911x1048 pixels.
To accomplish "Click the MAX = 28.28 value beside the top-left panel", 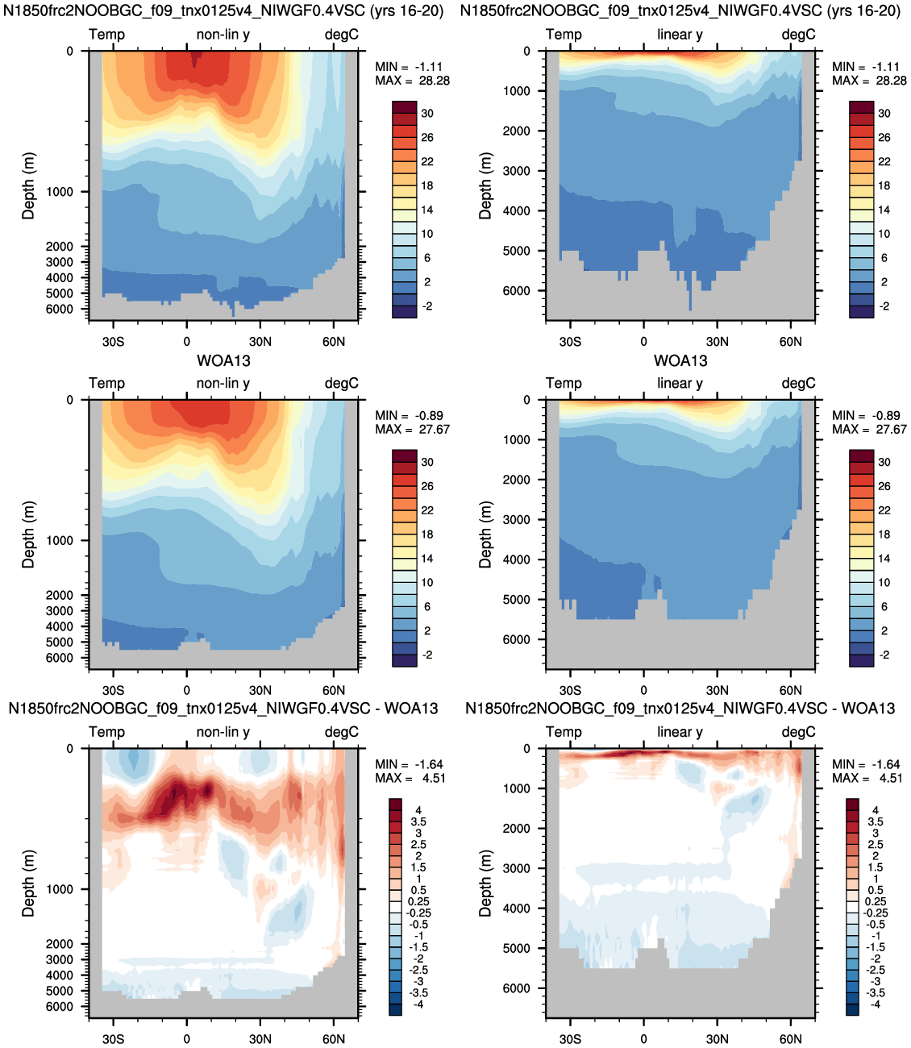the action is tap(412, 81).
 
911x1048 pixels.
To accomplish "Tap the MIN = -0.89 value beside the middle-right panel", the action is tap(865, 415).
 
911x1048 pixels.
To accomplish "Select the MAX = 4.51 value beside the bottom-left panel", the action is tap(410, 778).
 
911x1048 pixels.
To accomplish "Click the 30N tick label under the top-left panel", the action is tap(260, 341).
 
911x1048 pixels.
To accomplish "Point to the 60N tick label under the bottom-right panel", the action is tap(791, 1039).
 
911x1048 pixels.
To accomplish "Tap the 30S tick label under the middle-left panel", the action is tap(113, 690).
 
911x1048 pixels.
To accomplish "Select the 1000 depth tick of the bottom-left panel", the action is tap(60, 888).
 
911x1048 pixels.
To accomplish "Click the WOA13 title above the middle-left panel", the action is tap(224, 360).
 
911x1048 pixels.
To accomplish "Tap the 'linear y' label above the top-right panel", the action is tap(680, 35).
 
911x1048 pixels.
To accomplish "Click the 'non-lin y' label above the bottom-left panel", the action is tap(223, 732).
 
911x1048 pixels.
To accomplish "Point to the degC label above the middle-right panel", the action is tap(798, 383).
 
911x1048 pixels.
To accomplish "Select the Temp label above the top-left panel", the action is tap(106, 35).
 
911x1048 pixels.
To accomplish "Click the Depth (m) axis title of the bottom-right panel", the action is tap(485, 883).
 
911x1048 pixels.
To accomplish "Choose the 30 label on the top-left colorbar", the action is tap(427, 113).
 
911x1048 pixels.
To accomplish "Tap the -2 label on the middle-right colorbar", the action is tap(883, 655).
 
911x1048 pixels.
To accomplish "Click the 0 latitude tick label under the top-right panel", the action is tap(643, 341).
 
